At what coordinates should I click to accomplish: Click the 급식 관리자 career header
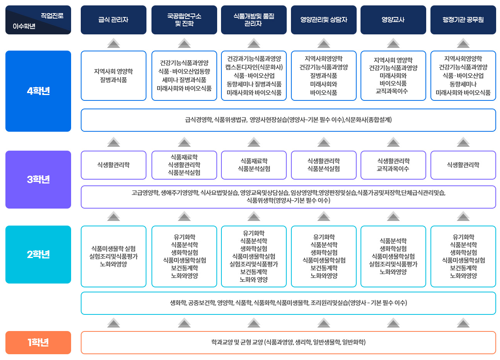[x=113, y=20]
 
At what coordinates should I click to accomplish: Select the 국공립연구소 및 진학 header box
[x=184, y=20]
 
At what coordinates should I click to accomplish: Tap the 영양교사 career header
[x=393, y=20]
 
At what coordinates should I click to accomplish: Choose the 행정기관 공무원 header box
[x=463, y=20]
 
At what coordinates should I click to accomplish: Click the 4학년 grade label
[x=38, y=91]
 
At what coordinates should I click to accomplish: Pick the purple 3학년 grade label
[x=38, y=180]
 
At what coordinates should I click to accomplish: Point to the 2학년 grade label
[x=38, y=255]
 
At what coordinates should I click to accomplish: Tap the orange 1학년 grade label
[x=38, y=343]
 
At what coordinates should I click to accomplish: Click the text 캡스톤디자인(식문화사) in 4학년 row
[x=254, y=67]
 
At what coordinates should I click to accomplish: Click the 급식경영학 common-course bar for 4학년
[x=288, y=120]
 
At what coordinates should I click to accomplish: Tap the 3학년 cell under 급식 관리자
[x=113, y=165]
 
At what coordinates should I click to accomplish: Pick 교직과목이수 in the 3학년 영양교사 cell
[x=393, y=169]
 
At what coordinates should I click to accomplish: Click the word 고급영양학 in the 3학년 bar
[x=145, y=193]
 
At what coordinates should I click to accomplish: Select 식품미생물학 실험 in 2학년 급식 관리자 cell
[x=113, y=249]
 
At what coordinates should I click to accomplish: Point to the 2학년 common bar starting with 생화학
[x=288, y=303]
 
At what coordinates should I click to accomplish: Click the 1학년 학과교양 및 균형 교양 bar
[x=288, y=343]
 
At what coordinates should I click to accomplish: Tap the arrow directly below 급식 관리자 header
[x=113, y=43]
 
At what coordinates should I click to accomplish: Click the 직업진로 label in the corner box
[x=52, y=16]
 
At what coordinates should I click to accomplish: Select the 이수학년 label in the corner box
[x=24, y=26]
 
